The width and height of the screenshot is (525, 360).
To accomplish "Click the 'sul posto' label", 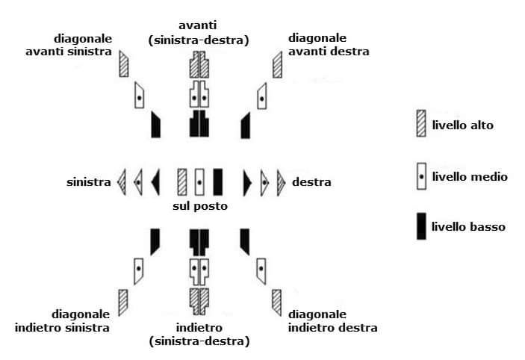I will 199,205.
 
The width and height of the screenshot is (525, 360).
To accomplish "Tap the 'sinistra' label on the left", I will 88,182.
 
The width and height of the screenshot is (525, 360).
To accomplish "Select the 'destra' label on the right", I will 311,181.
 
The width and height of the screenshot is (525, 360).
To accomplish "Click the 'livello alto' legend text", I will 462,125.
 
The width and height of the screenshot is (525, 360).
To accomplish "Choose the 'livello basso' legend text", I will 468,226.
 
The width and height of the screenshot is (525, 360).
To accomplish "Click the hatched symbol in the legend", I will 421,123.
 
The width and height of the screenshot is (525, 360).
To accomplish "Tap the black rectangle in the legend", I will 421,226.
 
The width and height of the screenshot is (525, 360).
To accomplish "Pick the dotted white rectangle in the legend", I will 421,177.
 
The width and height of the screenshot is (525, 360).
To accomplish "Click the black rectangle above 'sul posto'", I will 218,181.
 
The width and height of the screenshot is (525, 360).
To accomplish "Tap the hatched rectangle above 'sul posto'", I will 181,181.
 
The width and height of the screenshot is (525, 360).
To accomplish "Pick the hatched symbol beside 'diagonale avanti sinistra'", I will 124,64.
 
